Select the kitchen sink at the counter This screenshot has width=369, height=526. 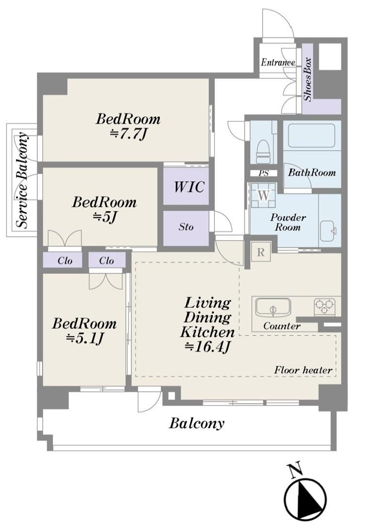273,307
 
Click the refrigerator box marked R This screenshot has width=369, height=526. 261,252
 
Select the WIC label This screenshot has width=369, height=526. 189,187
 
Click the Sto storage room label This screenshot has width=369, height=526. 186,227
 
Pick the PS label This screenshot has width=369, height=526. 263,173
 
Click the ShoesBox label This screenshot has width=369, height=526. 308,80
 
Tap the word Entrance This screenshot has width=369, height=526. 278,63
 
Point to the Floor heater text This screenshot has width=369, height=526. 304,370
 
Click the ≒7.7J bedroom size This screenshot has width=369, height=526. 128,134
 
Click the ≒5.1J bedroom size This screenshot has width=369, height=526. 84,339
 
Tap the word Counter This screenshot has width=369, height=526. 282,326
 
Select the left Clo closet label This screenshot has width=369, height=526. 64,261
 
